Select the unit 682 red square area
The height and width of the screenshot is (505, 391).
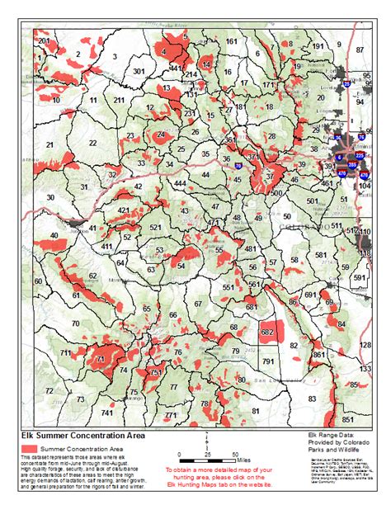pyautogui.click(x=267, y=331)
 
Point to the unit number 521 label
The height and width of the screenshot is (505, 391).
pyautogui.click(x=154, y=227)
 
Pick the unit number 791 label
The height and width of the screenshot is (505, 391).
pyautogui.click(x=268, y=361)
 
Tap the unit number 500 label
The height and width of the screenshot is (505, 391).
pyautogui.click(x=276, y=192)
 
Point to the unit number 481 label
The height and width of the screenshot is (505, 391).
pyautogui.click(x=252, y=248)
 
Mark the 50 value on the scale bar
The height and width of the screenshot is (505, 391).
pyautogui.click(x=236, y=454)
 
